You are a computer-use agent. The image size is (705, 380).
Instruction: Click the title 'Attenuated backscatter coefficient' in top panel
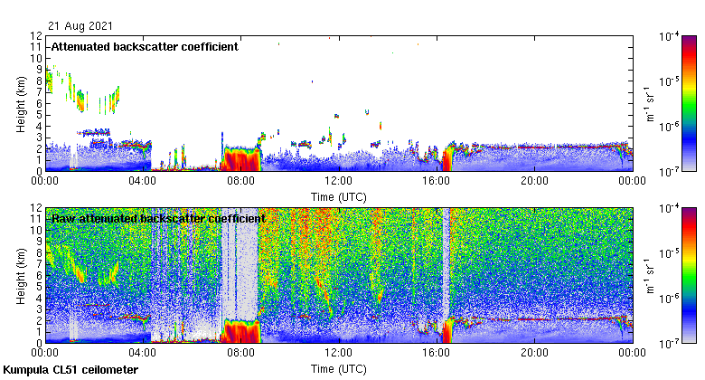click(x=145, y=47)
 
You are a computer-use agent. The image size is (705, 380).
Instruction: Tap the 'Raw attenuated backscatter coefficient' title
click(x=157, y=219)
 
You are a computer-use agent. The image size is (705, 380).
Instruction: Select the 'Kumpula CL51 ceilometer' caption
click(x=70, y=370)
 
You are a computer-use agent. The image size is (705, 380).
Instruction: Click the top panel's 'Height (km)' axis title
click(x=21, y=103)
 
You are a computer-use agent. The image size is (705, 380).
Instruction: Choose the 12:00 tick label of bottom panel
click(x=338, y=353)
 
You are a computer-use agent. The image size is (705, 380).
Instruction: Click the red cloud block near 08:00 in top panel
click(x=241, y=159)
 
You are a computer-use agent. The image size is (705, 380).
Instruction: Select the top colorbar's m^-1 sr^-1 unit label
click(x=648, y=103)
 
